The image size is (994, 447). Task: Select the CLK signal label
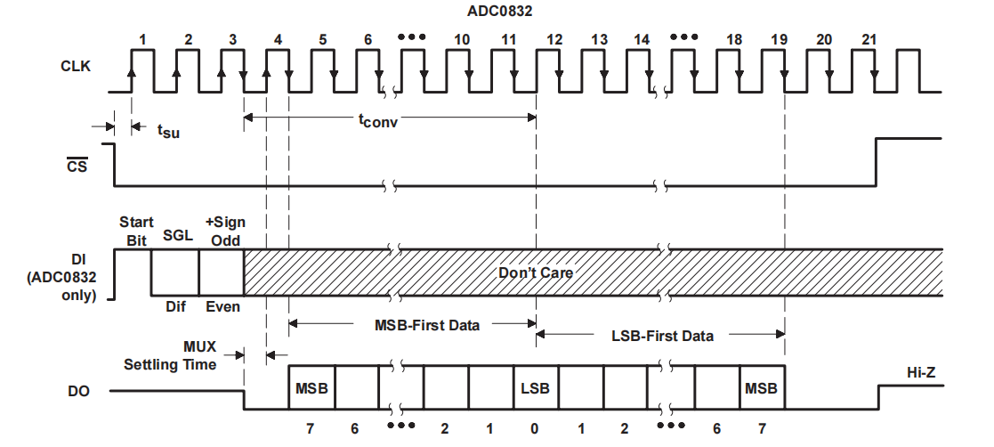coord(74,66)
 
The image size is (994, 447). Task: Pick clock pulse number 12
coord(554,40)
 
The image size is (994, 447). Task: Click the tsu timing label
coord(167,131)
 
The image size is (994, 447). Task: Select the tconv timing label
coord(378,121)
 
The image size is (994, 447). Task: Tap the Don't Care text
coord(536,272)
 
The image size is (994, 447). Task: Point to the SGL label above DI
coord(174,236)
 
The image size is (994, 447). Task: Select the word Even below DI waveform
coord(222,306)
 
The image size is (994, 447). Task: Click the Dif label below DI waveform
coord(174,306)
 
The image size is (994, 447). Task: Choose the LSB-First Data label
coord(663,336)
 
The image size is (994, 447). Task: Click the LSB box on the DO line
coord(536,388)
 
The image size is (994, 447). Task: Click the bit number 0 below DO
coord(534,429)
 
